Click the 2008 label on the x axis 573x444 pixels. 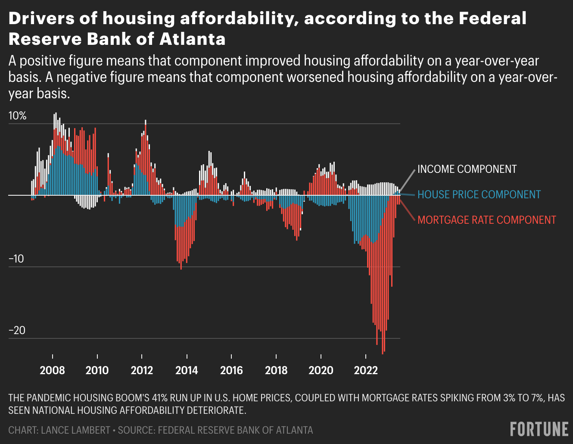click(x=52, y=370)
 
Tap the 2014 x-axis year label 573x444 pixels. click(x=187, y=370)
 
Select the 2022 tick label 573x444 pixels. click(x=366, y=370)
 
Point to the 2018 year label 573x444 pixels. click(x=276, y=370)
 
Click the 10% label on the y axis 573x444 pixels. click(x=18, y=116)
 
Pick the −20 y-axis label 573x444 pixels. click(x=17, y=331)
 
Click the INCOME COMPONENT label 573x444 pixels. click(x=467, y=169)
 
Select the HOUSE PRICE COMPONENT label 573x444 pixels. click(x=479, y=194)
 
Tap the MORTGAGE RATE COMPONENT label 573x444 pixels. click(x=487, y=220)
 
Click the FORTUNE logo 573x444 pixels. click(x=539, y=429)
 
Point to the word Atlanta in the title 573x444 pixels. click(x=193, y=39)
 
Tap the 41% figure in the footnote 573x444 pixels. click(x=160, y=398)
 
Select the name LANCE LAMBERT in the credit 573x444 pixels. click(x=75, y=430)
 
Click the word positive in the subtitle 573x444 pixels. click(x=43, y=61)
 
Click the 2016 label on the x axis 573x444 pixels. click(x=231, y=370)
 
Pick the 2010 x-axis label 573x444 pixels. click(x=97, y=370)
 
